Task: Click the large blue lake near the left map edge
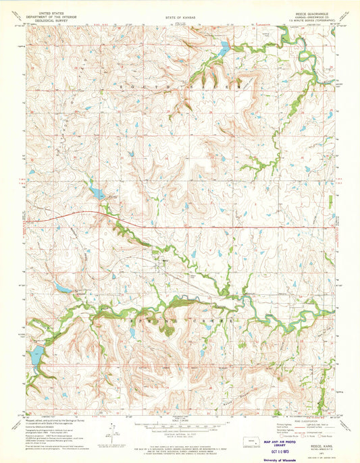pyautogui.click(x=36, y=354)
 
